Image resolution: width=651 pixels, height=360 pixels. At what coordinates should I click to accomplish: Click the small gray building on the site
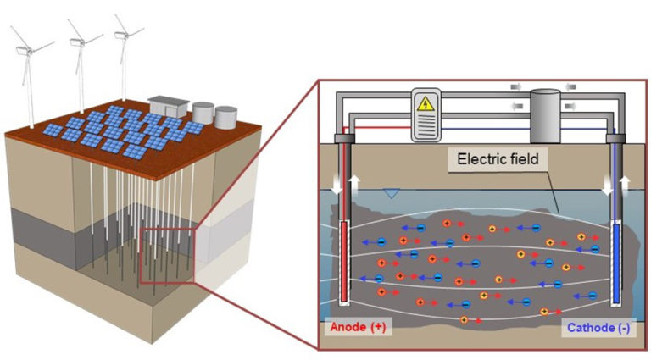pos(166,106)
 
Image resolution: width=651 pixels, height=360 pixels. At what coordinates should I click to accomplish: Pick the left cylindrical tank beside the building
pos(203,113)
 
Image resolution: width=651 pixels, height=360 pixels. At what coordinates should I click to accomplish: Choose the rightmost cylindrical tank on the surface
pos(225,117)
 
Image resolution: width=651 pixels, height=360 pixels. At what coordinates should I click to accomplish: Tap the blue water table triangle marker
pos(389,194)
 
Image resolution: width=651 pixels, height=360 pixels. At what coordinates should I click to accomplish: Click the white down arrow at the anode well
pos(338,186)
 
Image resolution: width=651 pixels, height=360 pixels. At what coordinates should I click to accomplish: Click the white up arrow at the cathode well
pos(625,184)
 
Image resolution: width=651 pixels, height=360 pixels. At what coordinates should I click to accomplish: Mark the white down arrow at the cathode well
pos(607,186)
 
